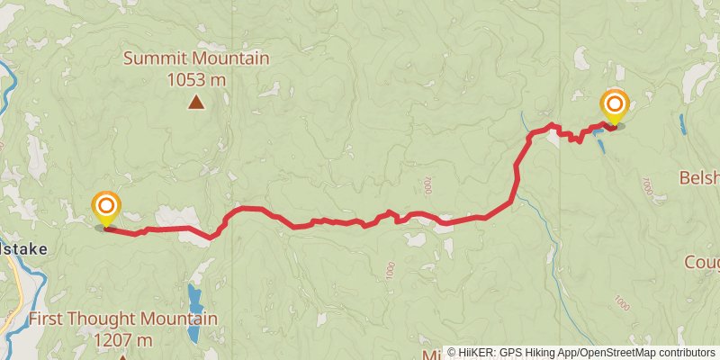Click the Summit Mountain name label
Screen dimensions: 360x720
coord(196,59)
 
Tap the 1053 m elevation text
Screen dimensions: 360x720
coord(196,80)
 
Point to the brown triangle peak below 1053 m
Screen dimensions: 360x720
coord(196,103)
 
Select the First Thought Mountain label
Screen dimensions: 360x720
coord(122,319)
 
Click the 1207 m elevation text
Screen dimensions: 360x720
coord(122,339)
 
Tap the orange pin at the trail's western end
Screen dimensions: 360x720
coord(106,206)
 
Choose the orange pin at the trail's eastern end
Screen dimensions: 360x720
coord(616,105)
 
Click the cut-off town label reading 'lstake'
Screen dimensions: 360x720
coord(22,248)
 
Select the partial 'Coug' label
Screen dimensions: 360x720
coord(701,262)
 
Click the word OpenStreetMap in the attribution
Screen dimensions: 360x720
coord(617,352)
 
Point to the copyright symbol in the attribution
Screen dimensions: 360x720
coord(453,352)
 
